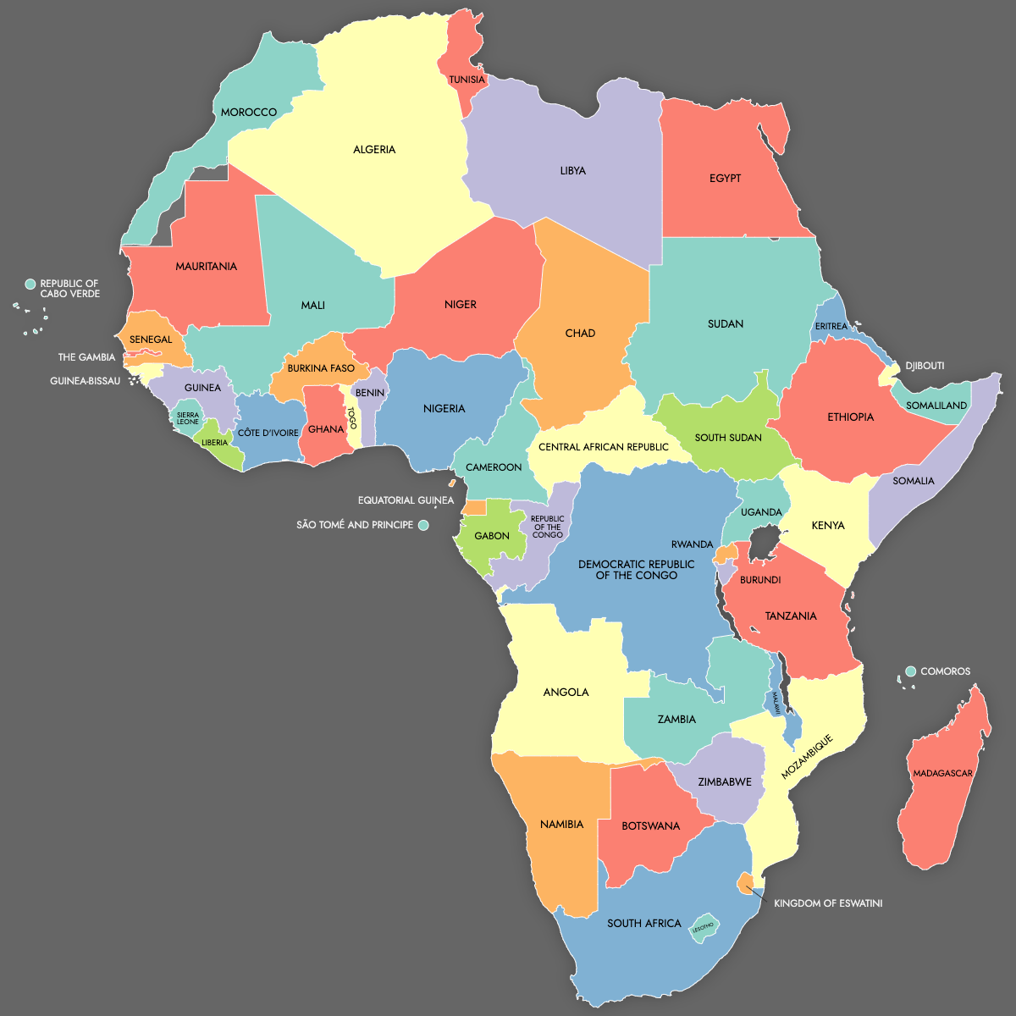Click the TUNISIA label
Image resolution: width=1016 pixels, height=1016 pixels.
coord(467,80)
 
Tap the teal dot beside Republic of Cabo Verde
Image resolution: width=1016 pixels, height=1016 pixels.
coord(30,284)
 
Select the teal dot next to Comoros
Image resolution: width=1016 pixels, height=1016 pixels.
coord(911,671)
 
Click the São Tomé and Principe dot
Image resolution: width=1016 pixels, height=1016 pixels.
coord(423,526)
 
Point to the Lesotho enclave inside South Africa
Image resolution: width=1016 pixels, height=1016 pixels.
coord(704,927)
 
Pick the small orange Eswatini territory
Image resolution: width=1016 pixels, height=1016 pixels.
coord(745,883)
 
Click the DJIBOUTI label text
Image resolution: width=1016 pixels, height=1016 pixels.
coord(925,366)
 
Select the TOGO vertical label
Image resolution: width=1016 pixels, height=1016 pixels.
coord(353,418)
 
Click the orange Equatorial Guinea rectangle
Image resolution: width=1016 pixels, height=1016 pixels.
coord(475,508)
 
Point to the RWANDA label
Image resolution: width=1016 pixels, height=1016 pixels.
coord(692,544)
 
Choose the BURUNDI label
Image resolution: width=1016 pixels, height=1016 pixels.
coord(760,580)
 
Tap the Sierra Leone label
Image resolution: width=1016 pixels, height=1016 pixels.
coord(188,418)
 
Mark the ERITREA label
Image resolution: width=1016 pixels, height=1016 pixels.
coord(831,326)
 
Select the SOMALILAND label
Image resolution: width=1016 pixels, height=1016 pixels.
coord(936,406)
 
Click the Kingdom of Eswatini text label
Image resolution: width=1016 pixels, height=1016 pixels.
coord(828,903)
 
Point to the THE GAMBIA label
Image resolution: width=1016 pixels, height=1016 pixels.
coord(86,357)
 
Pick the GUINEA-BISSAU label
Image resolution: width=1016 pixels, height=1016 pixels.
coord(85,381)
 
